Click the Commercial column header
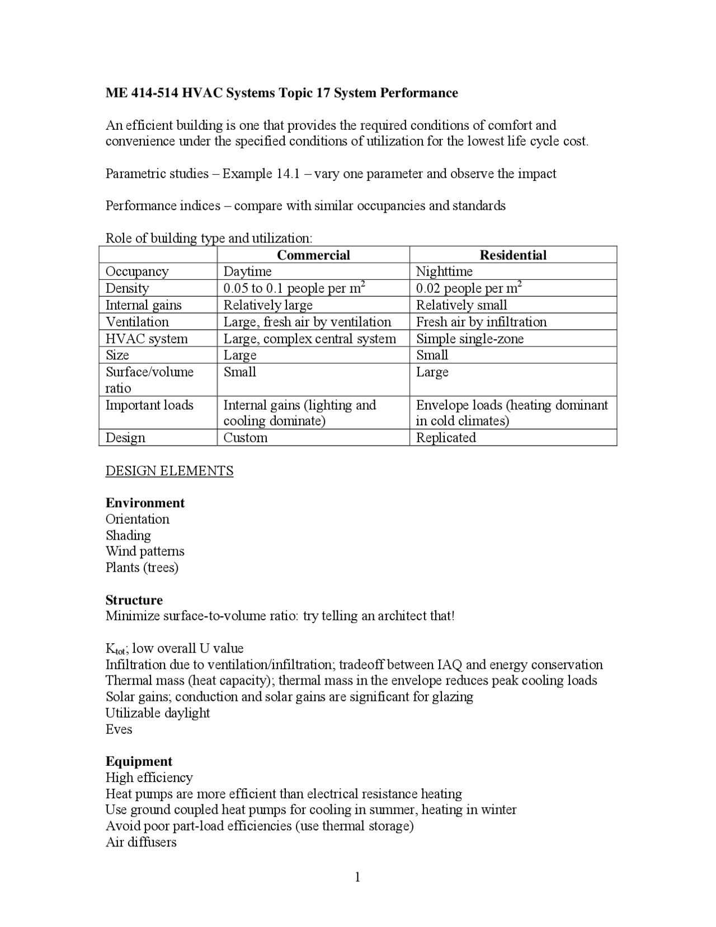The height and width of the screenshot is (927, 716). click(313, 255)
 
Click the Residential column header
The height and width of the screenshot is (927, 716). click(513, 255)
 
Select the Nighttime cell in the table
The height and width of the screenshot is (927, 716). click(444, 271)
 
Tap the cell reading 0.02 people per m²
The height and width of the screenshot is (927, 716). click(469, 288)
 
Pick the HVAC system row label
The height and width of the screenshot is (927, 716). click(147, 339)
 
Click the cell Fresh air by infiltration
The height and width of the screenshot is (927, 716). click(481, 322)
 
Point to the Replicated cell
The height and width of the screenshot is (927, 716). click(446, 438)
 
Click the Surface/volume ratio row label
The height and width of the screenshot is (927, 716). click(149, 380)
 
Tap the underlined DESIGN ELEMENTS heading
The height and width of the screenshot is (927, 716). click(169, 471)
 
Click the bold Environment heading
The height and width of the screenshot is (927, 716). click(145, 503)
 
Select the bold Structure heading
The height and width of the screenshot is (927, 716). click(134, 600)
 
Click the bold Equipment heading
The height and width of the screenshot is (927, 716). click(139, 761)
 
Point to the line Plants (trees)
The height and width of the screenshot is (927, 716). click(142, 568)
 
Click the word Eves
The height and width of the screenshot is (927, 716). click(119, 729)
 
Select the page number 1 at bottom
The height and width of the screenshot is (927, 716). click(357, 877)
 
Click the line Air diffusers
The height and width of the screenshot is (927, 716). click(141, 842)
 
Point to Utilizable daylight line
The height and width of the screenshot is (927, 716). click(157, 713)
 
